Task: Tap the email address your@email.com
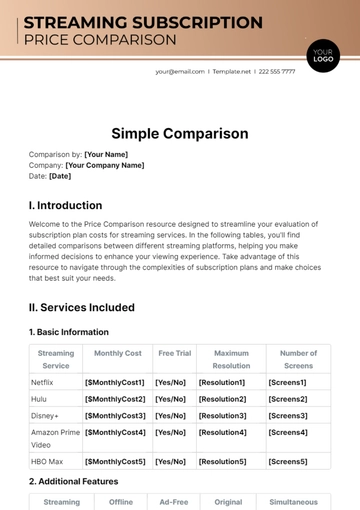(x=180, y=71)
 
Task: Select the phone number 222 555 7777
(x=275, y=71)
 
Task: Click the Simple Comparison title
(x=180, y=133)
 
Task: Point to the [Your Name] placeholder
(x=107, y=155)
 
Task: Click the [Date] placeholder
(x=60, y=176)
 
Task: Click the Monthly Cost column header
(x=118, y=353)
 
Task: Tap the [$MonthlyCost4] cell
(x=116, y=432)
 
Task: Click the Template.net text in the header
(x=230, y=71)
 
